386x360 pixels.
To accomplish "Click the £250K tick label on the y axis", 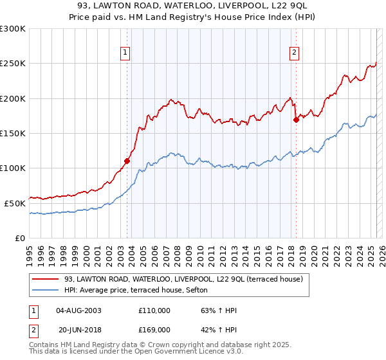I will point(13,64).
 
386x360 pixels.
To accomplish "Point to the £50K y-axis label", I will point(15,203).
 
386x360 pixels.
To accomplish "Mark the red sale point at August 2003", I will point(127,161).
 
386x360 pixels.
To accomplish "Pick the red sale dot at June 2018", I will point(296,120).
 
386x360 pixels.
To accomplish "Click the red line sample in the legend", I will point(45,279).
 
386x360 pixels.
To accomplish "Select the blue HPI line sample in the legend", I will point(45,290).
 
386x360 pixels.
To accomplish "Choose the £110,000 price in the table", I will point(154,310).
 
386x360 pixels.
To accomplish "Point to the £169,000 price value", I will point(154,329).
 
